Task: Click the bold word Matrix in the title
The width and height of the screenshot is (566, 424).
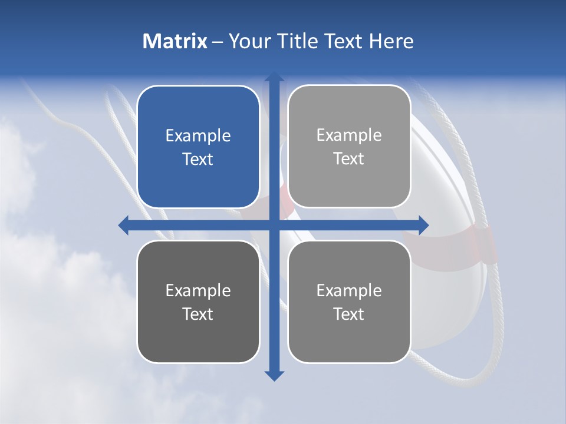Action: pyautogui.click(x=175, y=41)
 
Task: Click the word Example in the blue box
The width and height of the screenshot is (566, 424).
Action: pyautogui.click(x=198, y=136)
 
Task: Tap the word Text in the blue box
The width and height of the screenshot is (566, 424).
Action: pyautogui.click(x=198, y=160)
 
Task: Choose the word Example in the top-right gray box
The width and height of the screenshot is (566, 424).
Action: pyautogui.click(x=349, y=135)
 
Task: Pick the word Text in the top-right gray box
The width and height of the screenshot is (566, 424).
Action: pyautogui.click(x=349, y=159)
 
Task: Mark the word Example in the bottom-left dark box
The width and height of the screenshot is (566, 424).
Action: pyautogui.click(x=198, y=291)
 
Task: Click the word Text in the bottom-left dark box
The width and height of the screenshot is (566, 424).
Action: pyautogui.click(x=198, y=314)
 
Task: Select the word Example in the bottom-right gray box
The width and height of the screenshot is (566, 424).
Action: pyautogui.click(x=349, y=291)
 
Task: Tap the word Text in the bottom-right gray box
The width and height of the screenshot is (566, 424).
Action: pyautogui.click(x=349, y=314)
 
